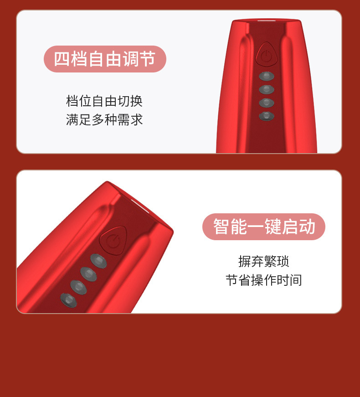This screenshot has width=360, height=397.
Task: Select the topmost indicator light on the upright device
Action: [x=267, y=76]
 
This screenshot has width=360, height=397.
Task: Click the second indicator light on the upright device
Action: [x=267, y=89]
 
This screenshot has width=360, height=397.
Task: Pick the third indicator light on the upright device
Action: [x=267, y=103]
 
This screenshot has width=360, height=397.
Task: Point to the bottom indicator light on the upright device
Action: [x=267, y=116]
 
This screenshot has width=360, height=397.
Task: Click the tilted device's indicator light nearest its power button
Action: [x=98, y=261]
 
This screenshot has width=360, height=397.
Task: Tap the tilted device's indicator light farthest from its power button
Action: [x=69, y=300]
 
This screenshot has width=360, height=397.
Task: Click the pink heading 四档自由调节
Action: [x=105, y=59]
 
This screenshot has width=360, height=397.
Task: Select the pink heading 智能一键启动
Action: [x=264, y=227]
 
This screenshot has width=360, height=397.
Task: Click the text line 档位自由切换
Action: [x=104, y=101]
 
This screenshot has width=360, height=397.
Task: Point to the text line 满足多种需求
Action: [x=104, y=120]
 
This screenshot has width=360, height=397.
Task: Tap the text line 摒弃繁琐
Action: [x=264, y=261]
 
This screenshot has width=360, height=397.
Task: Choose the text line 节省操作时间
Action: [x=264, y=280]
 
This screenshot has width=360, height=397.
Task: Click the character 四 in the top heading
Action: [x=62, y=59]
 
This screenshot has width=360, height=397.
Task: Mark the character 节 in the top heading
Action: [x=147, y=59]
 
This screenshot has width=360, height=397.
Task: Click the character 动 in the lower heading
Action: [x=307, y=227]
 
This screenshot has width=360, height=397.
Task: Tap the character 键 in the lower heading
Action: [x=273, y=227]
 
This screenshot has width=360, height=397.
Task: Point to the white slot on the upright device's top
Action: [x=267, y=20]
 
